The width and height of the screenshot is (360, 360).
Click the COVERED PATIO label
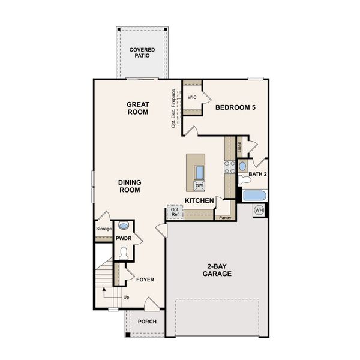[142, 52]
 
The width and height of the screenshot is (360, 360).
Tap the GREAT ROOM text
[137, 108]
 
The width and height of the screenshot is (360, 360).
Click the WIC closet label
[192, 97]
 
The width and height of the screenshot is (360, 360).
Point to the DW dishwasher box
[199, 185]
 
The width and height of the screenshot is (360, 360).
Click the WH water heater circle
[259, 210]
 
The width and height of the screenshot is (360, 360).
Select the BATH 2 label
[258, 175]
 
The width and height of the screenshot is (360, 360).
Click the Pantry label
[225, 218]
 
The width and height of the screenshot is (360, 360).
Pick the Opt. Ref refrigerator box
[175, 212]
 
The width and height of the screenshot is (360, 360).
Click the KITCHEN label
[199, 200]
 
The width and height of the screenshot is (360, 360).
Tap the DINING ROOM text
[129, 186]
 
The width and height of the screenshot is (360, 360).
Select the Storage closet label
[104, 229]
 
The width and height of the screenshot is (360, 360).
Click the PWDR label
[123, 238]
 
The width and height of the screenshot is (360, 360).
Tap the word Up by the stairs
[125, 297]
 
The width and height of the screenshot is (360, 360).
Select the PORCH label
[147, 322]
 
